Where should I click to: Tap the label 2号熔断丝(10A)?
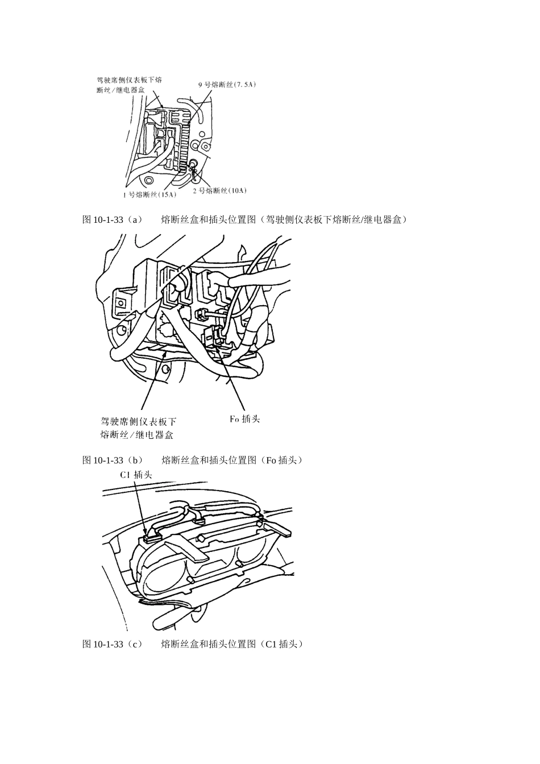pos(219,190)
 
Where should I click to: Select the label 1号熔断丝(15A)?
pos(149,195)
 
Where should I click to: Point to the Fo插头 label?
pos(244,419)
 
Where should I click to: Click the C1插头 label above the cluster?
pos(136,475)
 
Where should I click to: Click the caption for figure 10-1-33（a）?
pos(244,219)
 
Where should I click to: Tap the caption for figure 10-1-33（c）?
pos(193,644)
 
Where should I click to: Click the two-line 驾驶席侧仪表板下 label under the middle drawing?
pos(138,428)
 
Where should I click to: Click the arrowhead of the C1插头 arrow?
pos(146,534)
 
